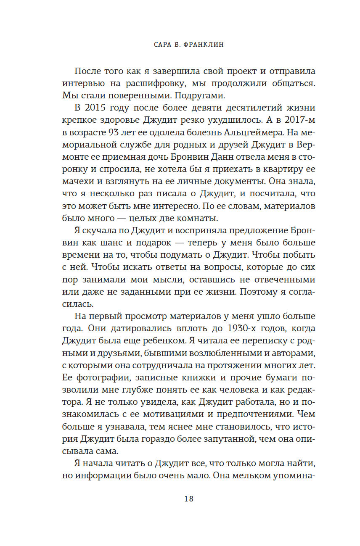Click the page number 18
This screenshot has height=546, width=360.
(x=188, y=499)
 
